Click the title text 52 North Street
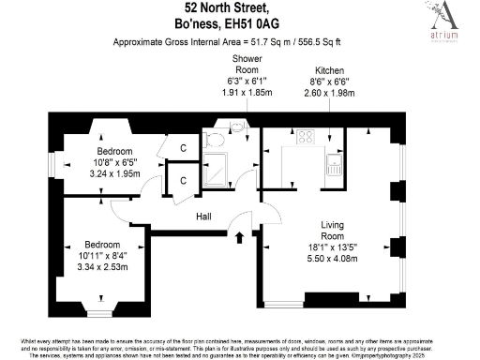coord(240,9)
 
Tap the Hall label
coord(203,217)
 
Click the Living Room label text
coord(333,231)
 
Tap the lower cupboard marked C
coord(184,180)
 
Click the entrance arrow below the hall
coord(239,237)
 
